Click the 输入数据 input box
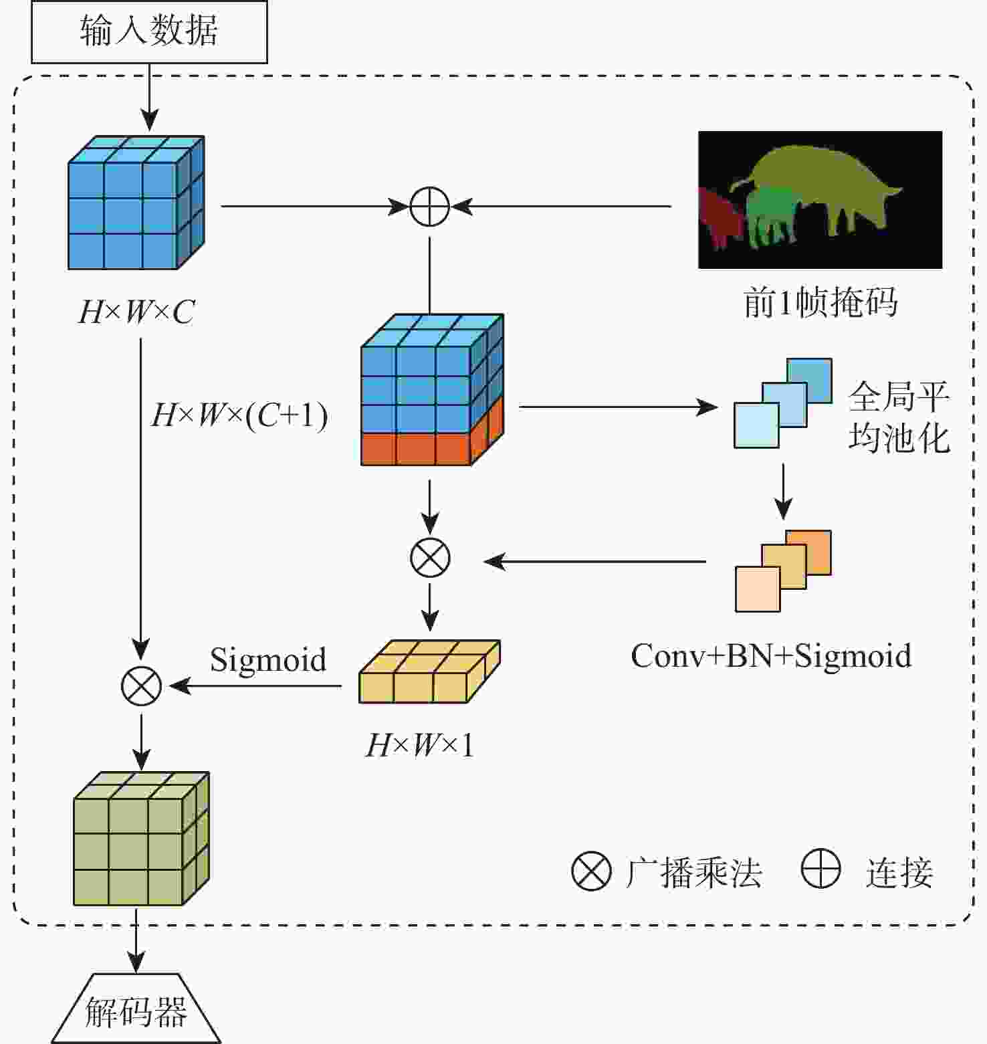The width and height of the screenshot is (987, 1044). pyautogui.click(x=149, y=31)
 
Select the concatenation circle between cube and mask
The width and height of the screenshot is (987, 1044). pyautogui.click(x=429, y=206)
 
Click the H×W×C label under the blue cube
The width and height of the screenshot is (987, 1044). pyautogui.click(x=136, y=312)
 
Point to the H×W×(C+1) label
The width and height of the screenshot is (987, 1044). pyautogui.click(x=239, y=415)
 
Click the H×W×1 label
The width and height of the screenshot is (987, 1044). pyautogui.click(x=419, y=744)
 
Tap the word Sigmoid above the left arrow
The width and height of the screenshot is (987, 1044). pyautogui.click(x=268, y=659)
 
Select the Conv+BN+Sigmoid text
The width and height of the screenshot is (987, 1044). pyautogui.click(x=770, y=655)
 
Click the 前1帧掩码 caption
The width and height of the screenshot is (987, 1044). pyautogui.click(x=820, y=302)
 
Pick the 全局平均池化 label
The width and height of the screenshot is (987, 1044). pyautogui.click(x=899, y=418)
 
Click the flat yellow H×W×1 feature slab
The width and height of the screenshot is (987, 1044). pyautogui.click(x=429, y=672)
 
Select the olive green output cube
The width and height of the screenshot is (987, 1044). pyautogui.click(x=140, y=839)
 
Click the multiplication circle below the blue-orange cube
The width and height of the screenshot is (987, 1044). pyautogui.click(x=429, y=558)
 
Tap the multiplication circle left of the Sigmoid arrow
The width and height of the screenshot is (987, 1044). pyautogui.click(x=141, y=686)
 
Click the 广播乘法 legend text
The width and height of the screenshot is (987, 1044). pyautogui.click(x=693, y=872)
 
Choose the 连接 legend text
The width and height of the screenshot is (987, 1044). pyautogui.click(x=899, y=872)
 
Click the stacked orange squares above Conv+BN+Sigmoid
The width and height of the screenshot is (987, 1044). pyautogui.click(x=782, y=570)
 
